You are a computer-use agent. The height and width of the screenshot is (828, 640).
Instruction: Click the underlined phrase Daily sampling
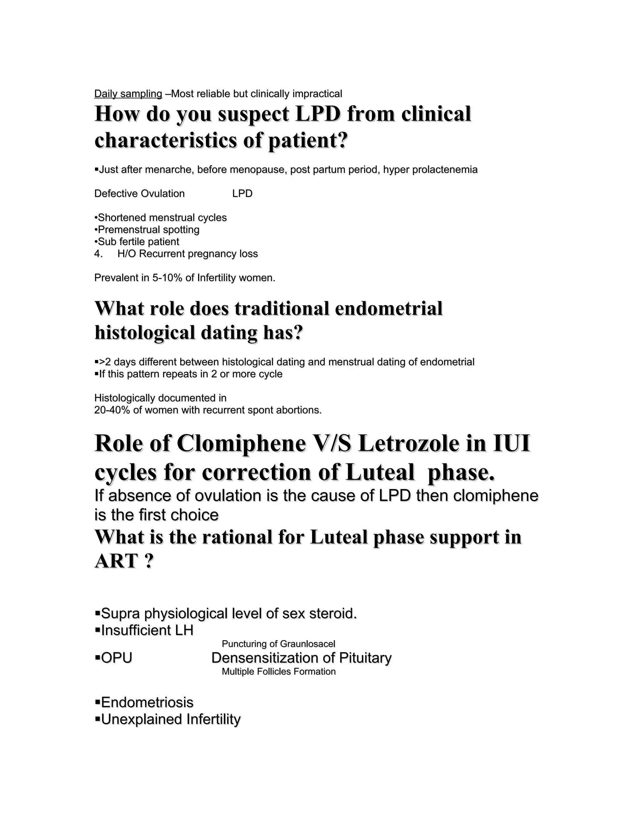[x=128, y=94]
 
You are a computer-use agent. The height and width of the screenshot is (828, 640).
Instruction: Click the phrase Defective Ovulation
[x=139, y=194]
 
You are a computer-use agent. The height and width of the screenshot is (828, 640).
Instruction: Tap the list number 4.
[x=98, y=254]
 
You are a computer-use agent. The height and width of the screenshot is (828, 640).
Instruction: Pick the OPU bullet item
[x=116, y=658]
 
